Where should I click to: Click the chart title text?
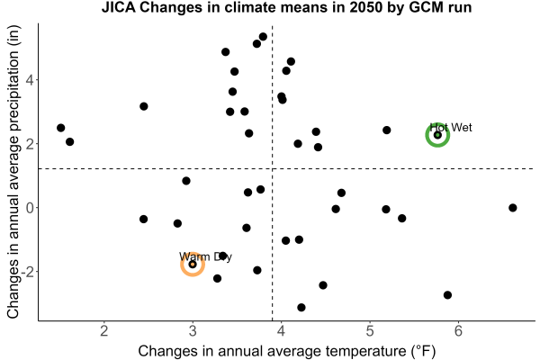[286, 7]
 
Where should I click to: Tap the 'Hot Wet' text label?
[451, 128]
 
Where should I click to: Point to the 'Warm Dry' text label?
[205, 257]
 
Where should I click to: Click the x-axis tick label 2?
[104, 331]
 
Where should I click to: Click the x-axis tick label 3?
[193, 331]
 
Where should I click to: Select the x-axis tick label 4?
[281, 331]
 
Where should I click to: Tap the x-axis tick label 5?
[370, 331]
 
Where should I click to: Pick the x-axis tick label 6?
[458, 331]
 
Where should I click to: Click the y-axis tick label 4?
[30, 80]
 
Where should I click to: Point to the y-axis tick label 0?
[30, 208]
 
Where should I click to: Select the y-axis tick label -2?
[27, 272]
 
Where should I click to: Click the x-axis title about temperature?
[287, 351]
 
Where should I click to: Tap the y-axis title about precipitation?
[13, 172]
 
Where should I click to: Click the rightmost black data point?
[512, 208]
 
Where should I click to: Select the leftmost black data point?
[60, 128]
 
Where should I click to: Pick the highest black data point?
[263, 37]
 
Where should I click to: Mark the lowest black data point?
[301, 307]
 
